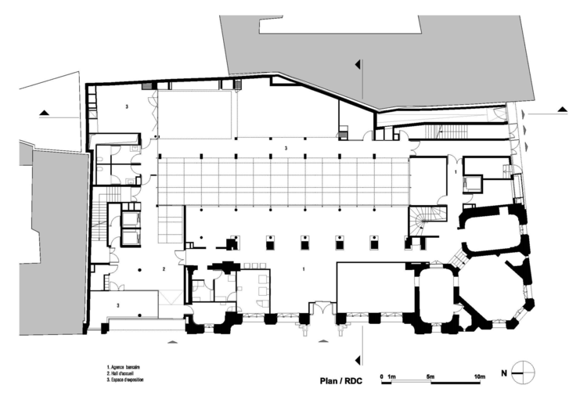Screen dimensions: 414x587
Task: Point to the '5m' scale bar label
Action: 430,376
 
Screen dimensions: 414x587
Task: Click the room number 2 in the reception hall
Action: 163,268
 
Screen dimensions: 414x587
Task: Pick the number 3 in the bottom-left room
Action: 117,304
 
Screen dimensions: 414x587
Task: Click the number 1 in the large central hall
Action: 303,268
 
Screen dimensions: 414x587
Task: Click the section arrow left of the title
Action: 360,362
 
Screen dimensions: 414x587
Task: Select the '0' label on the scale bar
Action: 382,376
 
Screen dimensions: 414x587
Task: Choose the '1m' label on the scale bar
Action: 392,376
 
